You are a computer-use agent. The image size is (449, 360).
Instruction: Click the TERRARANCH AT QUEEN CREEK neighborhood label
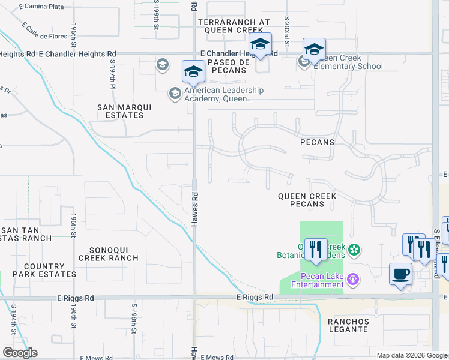234,25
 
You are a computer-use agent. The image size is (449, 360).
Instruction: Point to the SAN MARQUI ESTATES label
125,111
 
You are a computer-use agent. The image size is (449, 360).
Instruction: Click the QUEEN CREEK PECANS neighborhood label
307,200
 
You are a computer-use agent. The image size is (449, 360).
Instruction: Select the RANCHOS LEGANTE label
348,325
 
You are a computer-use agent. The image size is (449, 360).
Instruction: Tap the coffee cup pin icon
400,274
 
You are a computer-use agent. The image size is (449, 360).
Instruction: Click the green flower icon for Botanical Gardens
354,249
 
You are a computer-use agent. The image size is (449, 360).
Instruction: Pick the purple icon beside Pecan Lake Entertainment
354,278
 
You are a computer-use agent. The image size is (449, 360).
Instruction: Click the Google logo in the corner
20,353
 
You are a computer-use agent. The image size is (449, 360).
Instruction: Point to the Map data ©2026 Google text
412,355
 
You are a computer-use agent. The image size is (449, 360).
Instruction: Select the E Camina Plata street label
41,6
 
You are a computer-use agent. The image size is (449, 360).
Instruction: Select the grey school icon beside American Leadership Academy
175,93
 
